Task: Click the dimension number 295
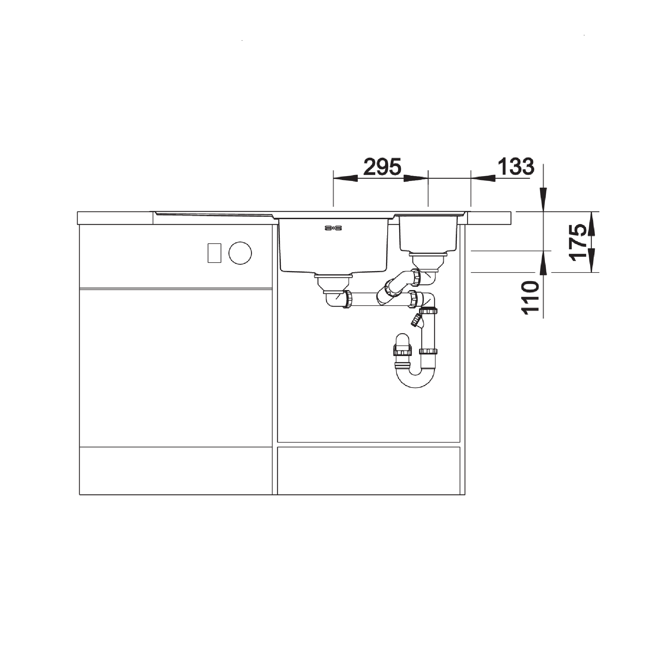[382, 167]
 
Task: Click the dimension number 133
[516, 167]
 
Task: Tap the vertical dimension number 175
[577, 242]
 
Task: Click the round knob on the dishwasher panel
[240, 253]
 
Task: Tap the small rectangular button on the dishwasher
[214, 253]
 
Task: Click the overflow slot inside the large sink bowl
[333, 228]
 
